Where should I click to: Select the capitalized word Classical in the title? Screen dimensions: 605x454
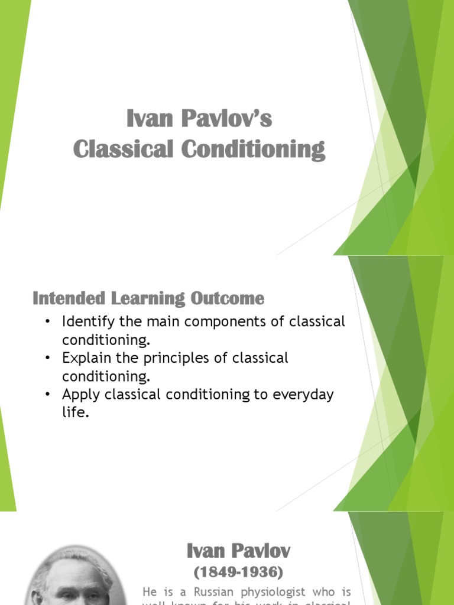pos(124,148)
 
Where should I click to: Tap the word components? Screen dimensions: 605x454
pos(218,323)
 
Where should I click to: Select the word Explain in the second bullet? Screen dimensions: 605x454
pos(84,359)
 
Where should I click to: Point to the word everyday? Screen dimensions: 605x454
pos(302,395)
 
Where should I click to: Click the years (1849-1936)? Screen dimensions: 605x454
pos(239,572)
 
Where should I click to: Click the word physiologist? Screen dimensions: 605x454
pos(267,592)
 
